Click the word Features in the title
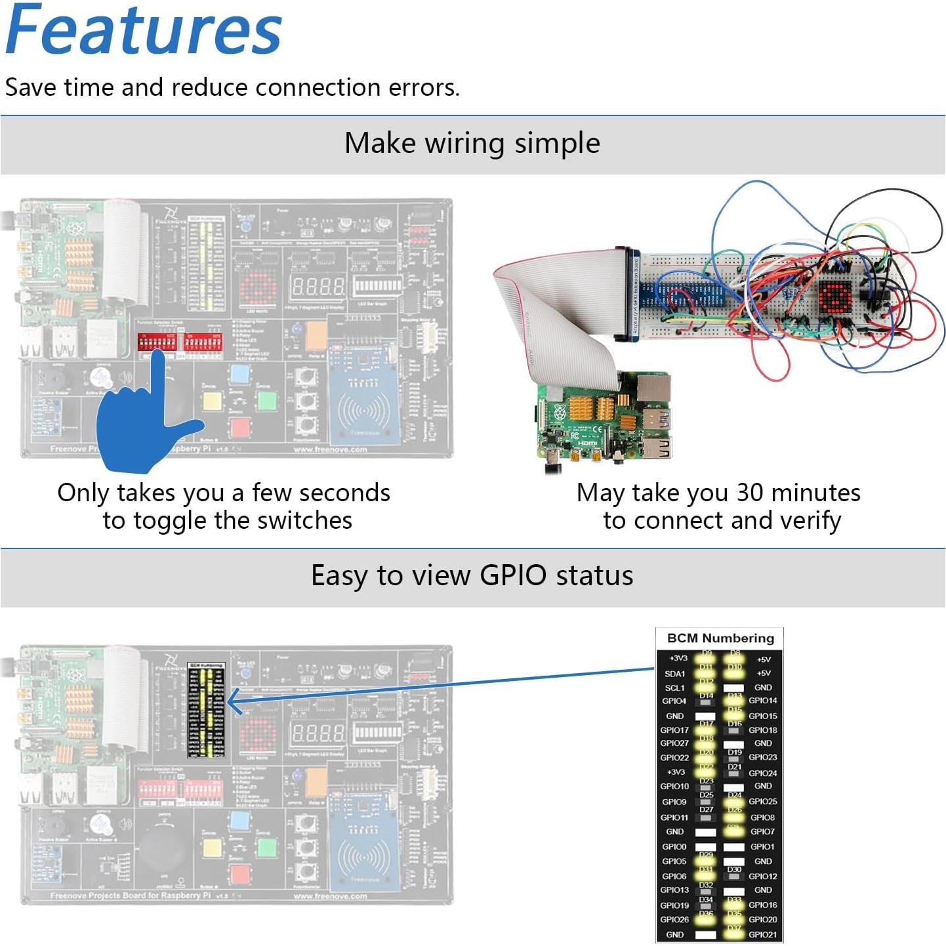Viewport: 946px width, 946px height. (143, 30)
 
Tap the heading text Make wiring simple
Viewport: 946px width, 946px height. (472, 143)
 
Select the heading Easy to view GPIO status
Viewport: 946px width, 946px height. (472, 575)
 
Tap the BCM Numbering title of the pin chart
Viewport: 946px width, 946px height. (720, 638)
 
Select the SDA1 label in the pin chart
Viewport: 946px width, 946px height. (674, 674)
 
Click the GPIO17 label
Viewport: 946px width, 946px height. (674, 730)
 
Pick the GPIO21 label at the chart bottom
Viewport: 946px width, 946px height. (762, 934)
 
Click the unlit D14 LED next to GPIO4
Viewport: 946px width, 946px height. (706, 703)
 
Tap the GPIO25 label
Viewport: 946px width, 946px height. (762, 801)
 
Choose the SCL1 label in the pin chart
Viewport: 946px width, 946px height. (674, 688)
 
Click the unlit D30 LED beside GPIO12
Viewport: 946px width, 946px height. (734, 876)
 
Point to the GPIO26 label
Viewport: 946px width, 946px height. (674, 919)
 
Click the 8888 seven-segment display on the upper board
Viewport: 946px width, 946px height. (318, 286)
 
